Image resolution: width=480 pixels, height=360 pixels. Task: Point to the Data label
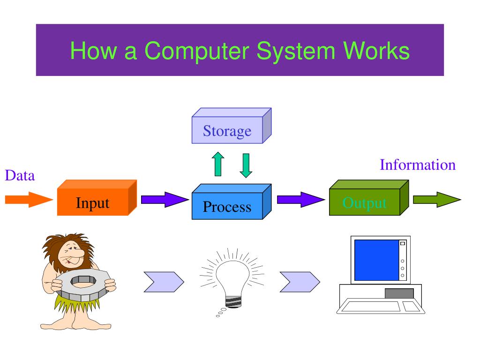(x=20, y=176)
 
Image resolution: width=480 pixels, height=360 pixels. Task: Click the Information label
(x=417, y=165)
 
